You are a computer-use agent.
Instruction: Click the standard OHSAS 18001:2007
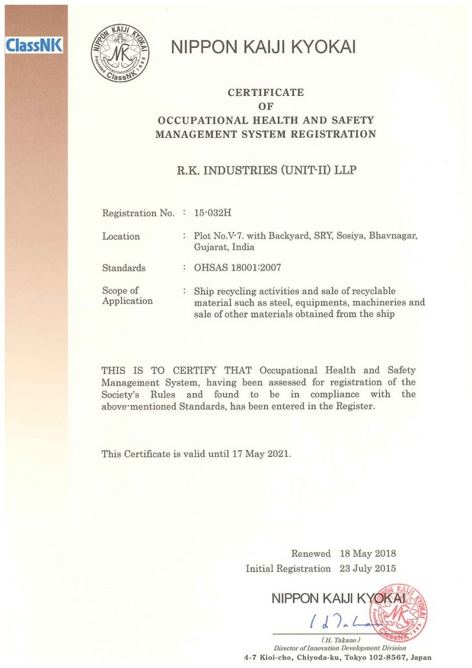(x=238, y=268)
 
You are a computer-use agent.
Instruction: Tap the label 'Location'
(x=121, y=237)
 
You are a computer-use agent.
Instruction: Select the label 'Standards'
(x=124, y=268)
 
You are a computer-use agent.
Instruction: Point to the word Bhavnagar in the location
(x=389, y=236)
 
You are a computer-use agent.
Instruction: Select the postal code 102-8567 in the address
(x=381, y=657)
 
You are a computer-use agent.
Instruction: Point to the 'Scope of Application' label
(x=127, y=296)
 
